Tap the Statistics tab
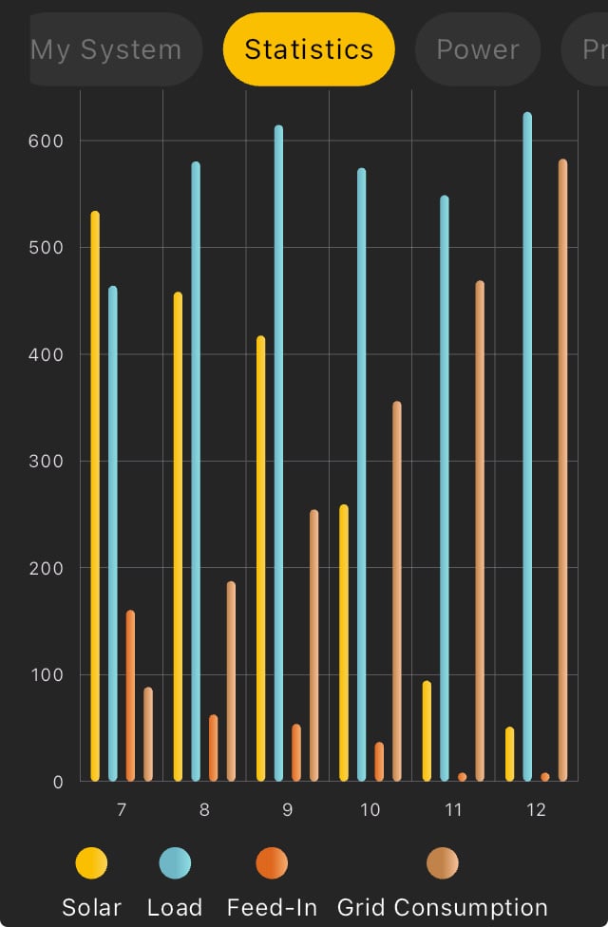(309, 49)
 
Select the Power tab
(477, 49)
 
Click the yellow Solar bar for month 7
(95, 494)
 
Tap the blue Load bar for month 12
(527, 446)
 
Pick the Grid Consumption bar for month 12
(562, 470)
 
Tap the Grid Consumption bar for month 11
(480, 531)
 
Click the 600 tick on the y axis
(45, 141)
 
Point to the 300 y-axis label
(45, 462)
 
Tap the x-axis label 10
(370, 809)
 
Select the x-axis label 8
(204, 809)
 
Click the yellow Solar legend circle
(91, 864)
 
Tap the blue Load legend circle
(175, 864)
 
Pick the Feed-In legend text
(272, 907)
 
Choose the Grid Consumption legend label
(443, 907)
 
